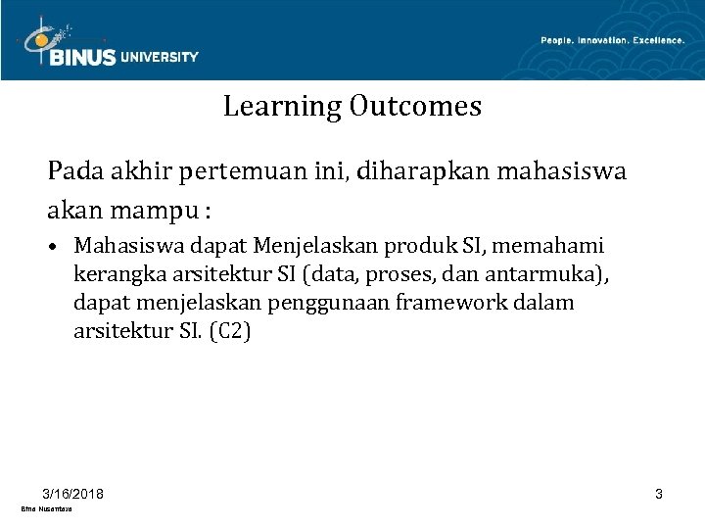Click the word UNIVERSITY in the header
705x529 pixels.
(160, 58)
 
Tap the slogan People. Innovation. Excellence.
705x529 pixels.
(612, 40)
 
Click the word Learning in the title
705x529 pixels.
(281, 106)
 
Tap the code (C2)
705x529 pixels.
(229, 332)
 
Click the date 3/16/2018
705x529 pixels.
(74, 493)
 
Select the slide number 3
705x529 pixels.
(659, 494)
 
